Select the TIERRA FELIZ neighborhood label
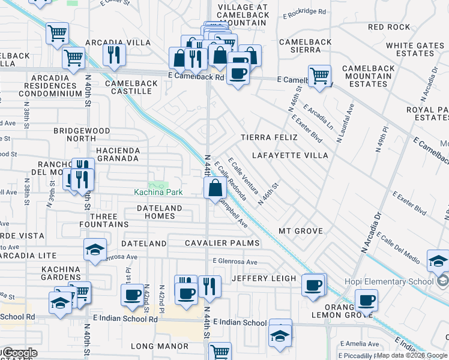point(269,137)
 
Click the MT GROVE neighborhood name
point(301,231)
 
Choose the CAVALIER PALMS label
point(222,243)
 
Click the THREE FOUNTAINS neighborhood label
point(109,220)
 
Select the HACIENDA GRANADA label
point(118,155)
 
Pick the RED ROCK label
point(389,27)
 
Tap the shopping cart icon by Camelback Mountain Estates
point(320,76)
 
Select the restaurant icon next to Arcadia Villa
point(113,55)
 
